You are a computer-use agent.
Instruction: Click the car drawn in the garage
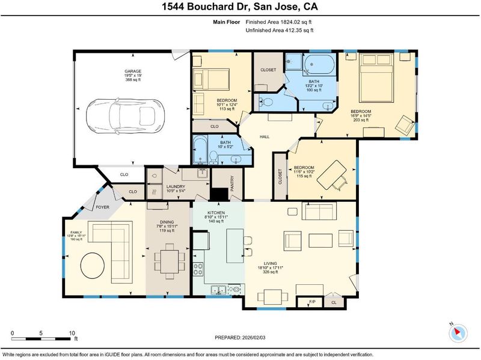(125, 116)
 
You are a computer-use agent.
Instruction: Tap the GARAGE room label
(133, 71)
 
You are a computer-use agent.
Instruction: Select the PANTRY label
(232, 183)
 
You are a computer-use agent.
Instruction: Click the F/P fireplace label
(312, 302)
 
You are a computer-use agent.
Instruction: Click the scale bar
(41, 339)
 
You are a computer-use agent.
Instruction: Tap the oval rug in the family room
(93, 266)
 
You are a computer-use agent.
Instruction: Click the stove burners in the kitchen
(198, 269)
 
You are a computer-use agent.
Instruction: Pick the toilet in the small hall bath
(213, 157)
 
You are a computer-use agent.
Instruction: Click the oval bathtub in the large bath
(319, 64)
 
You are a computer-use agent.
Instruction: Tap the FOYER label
(102, 207)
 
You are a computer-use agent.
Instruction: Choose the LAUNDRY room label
(176, 186)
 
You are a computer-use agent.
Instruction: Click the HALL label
(265, 136)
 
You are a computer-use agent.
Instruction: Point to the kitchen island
(235, 246)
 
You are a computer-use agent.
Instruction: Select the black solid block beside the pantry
(219, 194)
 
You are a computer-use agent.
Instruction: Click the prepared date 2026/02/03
(253, 338)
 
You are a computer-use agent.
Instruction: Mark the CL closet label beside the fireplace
(334, 302)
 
